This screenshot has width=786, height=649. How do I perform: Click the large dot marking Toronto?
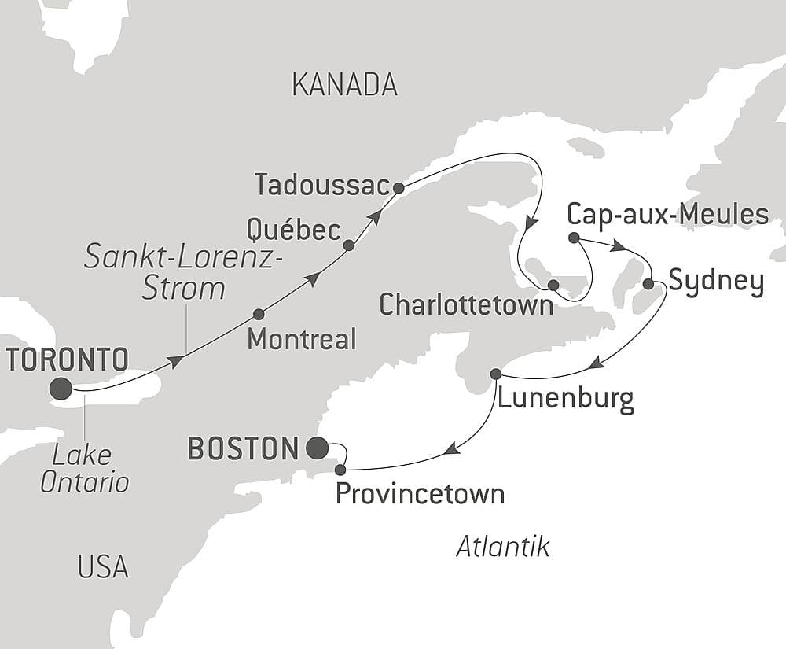(x=61, y=388)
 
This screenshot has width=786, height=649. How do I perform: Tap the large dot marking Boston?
(x=317, y=448)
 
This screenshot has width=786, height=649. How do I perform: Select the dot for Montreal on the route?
(x=259, y=314)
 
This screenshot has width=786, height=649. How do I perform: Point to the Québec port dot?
(x=349, y=245)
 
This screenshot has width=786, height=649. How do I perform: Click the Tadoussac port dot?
(x=399, y=188)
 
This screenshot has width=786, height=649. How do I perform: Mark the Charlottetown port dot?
(x=553, y=284)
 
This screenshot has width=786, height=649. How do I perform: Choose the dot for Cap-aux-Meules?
(x=574, y=238)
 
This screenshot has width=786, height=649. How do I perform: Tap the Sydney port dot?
(x=648, y=283)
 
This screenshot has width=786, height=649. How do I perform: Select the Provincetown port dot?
(x=340, y=470)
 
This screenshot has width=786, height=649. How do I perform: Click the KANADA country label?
(x=344, y=84)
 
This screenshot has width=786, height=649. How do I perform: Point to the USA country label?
(x=103, y=566)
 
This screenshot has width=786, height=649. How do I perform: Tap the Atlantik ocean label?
(x=502, y=547)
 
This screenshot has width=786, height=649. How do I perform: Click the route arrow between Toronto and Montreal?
(x=177, y=360)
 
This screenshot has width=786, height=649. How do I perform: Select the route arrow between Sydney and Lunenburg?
(x=597, y=363)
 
